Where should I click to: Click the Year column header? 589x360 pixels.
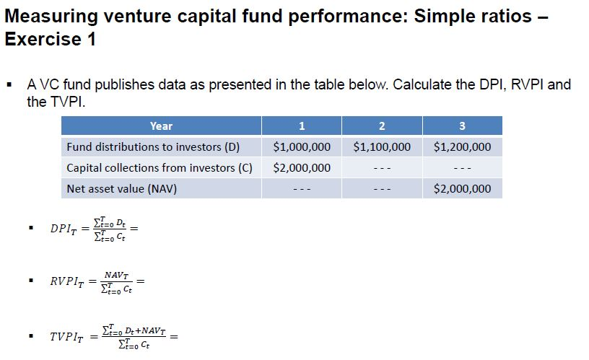click(161, 126)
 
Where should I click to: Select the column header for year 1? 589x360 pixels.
click(302, 126)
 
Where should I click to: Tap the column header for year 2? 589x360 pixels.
click(382, 126)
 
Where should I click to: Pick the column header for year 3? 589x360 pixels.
click(462, 126)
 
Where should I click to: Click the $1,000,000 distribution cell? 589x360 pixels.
click(302, 147)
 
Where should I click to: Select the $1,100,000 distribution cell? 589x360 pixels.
click(382, 147)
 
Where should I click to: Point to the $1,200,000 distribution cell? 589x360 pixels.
click(462, 147)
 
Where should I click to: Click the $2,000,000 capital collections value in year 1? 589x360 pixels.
click(302, 168)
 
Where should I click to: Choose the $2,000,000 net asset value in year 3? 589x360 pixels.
click(462, 189)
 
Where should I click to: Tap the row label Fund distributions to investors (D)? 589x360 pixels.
click(152, 147)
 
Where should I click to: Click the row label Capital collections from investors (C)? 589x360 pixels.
click(160, 168)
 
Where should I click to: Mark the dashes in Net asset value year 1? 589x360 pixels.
click(302, 190)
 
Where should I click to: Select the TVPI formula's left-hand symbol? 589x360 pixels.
click(66, 337)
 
